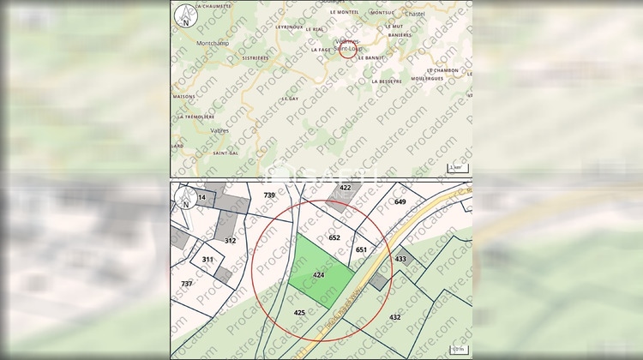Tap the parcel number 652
point(334,237)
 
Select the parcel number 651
point(361,249)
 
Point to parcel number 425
point(299,312)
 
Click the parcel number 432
point(394,317)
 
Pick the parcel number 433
point(400,258)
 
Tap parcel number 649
point(400,201)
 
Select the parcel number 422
point(346,187)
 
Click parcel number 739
point(269,195)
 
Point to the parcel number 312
point(230,241)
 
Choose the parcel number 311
point(207,258)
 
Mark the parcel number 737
point(186,283)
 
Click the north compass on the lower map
point(184,201)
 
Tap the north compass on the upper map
point(183,15)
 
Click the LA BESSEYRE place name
point(387,81)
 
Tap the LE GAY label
point(266,99)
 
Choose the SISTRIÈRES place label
point(255,57)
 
